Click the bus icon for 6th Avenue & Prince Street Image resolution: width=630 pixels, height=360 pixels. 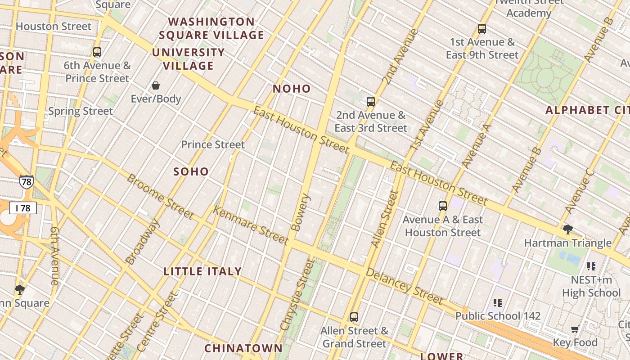[x=97, y=52]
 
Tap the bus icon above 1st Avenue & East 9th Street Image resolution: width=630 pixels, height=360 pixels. [x=482, y=29]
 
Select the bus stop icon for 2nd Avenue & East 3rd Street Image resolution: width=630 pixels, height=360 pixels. [x=371, y=102]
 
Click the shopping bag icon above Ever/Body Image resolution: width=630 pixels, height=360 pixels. [x=156, y=85]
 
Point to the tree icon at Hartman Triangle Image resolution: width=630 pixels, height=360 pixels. [x=568, y=229]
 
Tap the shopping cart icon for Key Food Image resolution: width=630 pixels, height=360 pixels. [x=575, y=329]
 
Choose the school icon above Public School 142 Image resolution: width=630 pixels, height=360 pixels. [x=497, y=302]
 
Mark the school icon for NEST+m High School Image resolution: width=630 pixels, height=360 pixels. [x=591, y=266]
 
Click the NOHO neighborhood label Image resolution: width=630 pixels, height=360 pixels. [x=292, y=89]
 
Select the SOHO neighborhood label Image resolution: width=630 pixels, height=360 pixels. [x=191, y=171]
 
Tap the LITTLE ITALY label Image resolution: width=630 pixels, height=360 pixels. [x=202, y=271]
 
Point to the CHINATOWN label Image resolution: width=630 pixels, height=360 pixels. [x=243, y=348]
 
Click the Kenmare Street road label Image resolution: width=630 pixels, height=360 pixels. [x=250, y=225]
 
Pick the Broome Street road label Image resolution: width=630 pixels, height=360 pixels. [x=160, y=196]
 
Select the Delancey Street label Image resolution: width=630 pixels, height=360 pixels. [x=404, y=286]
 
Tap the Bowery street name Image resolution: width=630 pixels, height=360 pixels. [x=302, y=212]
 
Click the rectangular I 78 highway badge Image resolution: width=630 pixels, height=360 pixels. [x=23, y=208]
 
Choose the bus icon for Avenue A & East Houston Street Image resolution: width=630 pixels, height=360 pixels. [x=443, y=206]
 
